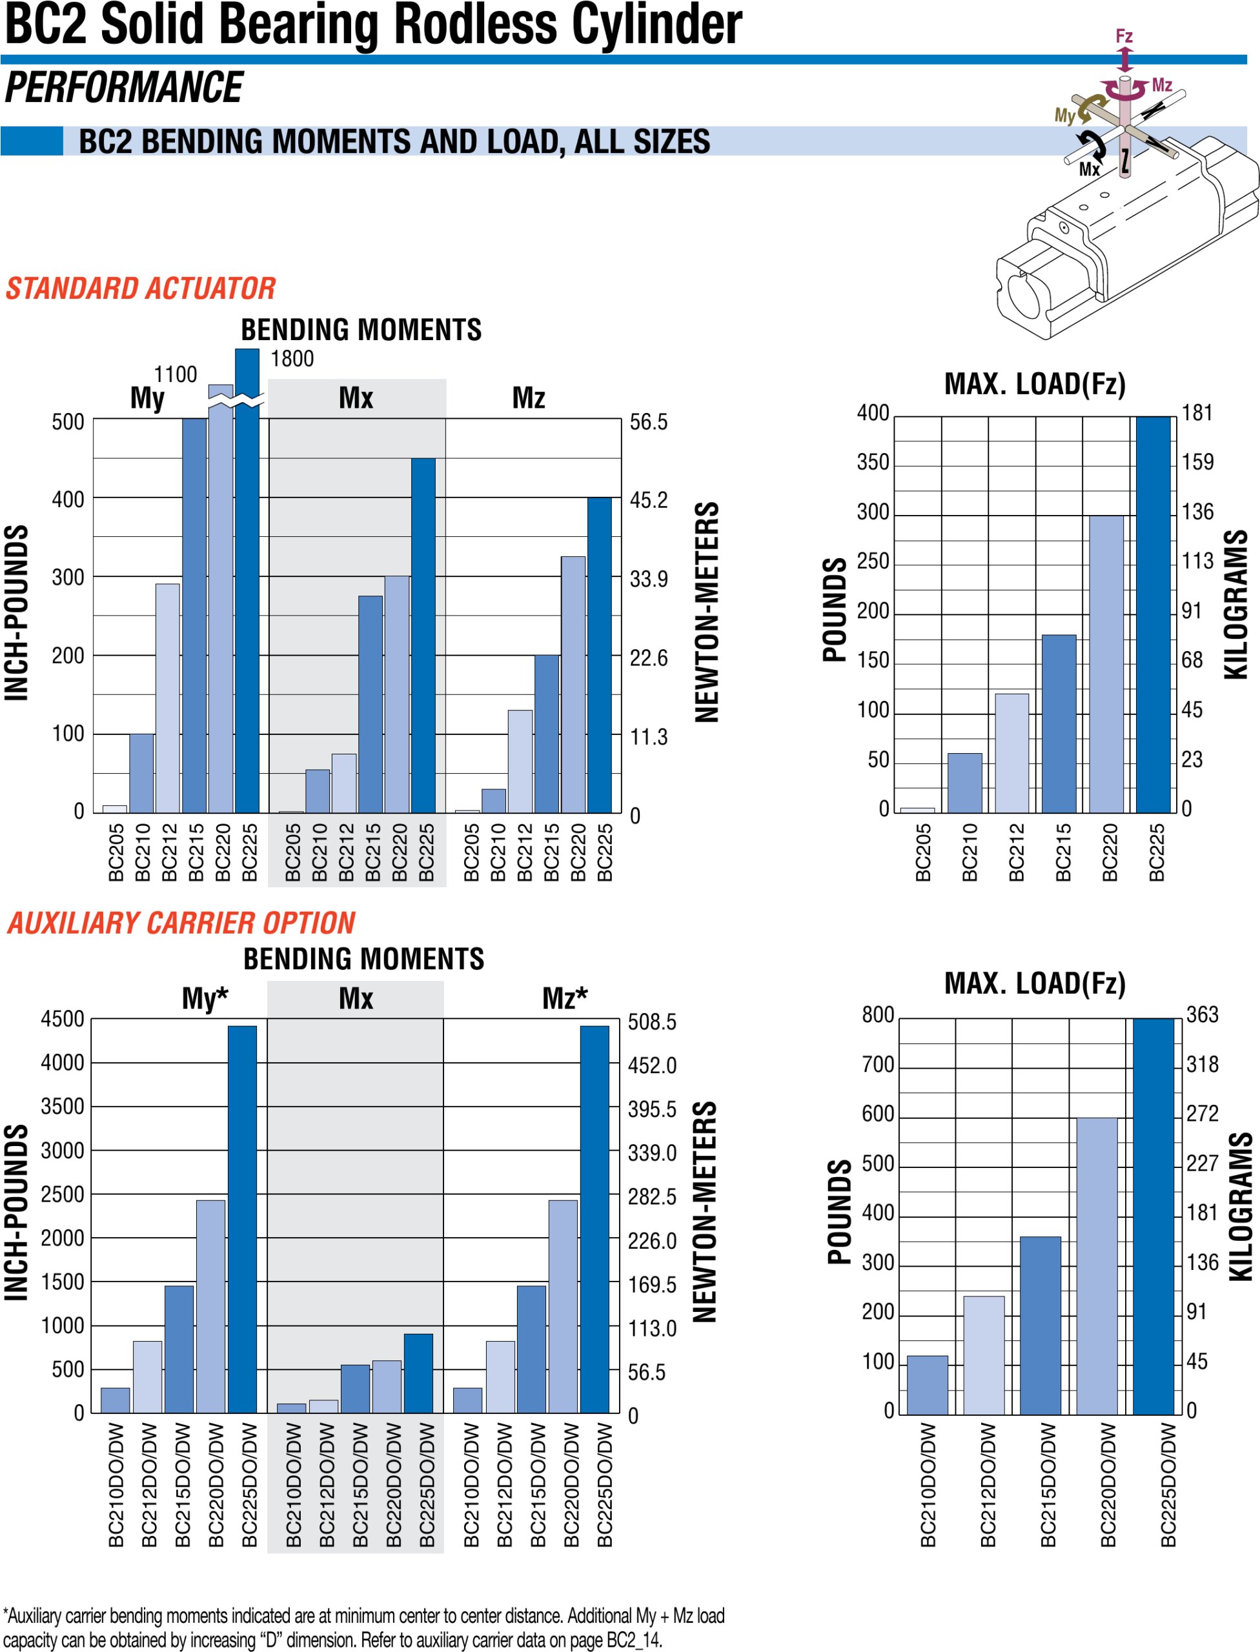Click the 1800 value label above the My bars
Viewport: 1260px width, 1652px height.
(x=292, y=359)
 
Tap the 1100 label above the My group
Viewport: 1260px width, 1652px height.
(x=175, y=374)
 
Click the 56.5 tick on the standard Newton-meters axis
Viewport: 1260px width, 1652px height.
(x=648, y=422)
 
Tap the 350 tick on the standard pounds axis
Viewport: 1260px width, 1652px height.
(x=872, y=462)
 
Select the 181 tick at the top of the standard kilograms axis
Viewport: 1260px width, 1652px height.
(x=1197, y=412)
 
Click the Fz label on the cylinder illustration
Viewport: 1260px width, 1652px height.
(x=1124, y=35)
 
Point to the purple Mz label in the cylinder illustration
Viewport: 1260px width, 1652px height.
(x=1162, y=85)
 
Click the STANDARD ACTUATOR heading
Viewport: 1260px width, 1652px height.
(x=140, y=288)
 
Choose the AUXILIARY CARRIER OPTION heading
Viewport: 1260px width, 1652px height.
(x=181, y=922)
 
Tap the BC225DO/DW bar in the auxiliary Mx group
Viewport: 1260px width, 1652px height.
(x=418, y=1373)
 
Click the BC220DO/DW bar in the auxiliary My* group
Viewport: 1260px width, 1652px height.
(x=210, y=1306)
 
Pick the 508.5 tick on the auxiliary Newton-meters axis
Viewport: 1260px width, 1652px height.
(x=652, y=1022)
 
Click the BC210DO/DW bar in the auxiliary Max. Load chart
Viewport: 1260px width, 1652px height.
(x=927, y=1384)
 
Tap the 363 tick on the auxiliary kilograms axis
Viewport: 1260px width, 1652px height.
(x=1203, y=1014)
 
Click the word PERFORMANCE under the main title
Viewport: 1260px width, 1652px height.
(x=124, y=88)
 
